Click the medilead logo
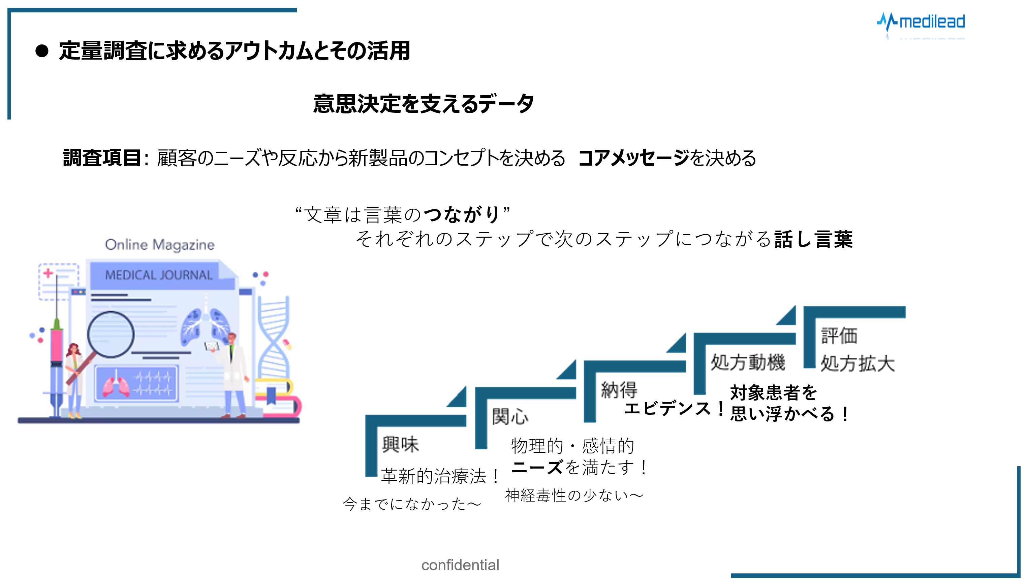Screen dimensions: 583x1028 921,22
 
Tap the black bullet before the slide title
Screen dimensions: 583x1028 42,51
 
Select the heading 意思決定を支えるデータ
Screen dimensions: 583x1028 423,104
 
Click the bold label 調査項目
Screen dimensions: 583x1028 102,158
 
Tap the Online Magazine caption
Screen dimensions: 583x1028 159,245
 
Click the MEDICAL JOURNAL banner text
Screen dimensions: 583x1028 159,275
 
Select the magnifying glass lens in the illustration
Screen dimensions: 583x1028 111,334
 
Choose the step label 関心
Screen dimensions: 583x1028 510,417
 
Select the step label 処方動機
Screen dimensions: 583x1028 748,363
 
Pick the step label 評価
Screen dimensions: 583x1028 839,336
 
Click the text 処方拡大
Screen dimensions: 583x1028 858,364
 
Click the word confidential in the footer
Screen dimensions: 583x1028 460,565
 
